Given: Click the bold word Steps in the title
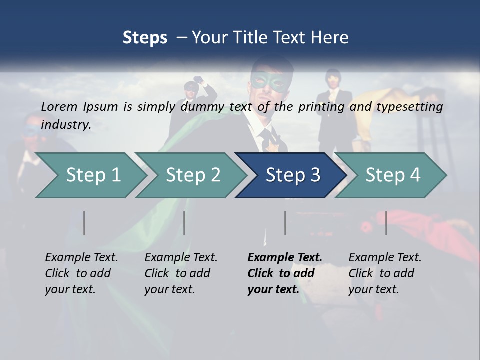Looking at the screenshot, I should tap(145, 37).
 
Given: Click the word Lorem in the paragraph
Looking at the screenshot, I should tap(59, 106).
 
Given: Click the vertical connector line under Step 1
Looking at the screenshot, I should tap(84, 223).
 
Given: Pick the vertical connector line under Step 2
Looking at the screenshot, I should tap(184, 223).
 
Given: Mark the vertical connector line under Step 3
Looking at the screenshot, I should tap(285, 223).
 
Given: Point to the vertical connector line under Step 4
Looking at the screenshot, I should tap(386, 223).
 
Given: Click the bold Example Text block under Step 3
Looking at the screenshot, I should tap(284, 273).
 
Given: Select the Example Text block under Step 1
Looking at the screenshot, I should tap(81, 273).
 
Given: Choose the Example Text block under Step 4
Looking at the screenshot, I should tap(385, 273).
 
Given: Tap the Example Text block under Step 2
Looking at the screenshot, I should tap(181, 273).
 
